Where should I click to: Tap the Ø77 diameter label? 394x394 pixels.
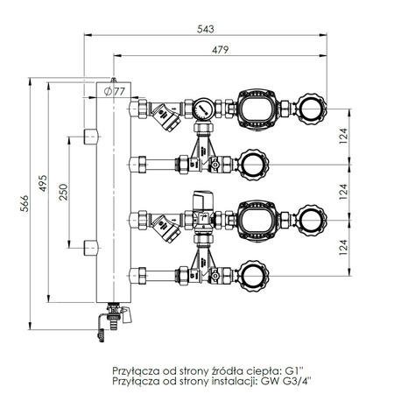[115, 90]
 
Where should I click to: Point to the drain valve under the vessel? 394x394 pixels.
[112, 315]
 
